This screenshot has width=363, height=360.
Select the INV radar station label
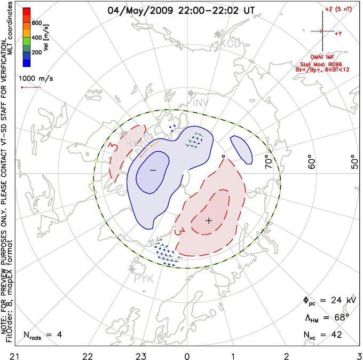[x=201, y=102]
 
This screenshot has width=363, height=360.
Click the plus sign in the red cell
[x=209, y=220]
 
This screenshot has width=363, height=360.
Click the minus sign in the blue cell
[x=153, y=170]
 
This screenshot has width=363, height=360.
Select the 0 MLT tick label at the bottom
[x=187, y=355]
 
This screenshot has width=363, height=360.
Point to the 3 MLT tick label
[x=358, y=355]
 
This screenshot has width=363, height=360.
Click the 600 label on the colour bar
[x=36, y=24]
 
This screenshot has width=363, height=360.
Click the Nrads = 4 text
[x=43, y=335]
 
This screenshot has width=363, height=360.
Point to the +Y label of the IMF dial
[x=338, y=33]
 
